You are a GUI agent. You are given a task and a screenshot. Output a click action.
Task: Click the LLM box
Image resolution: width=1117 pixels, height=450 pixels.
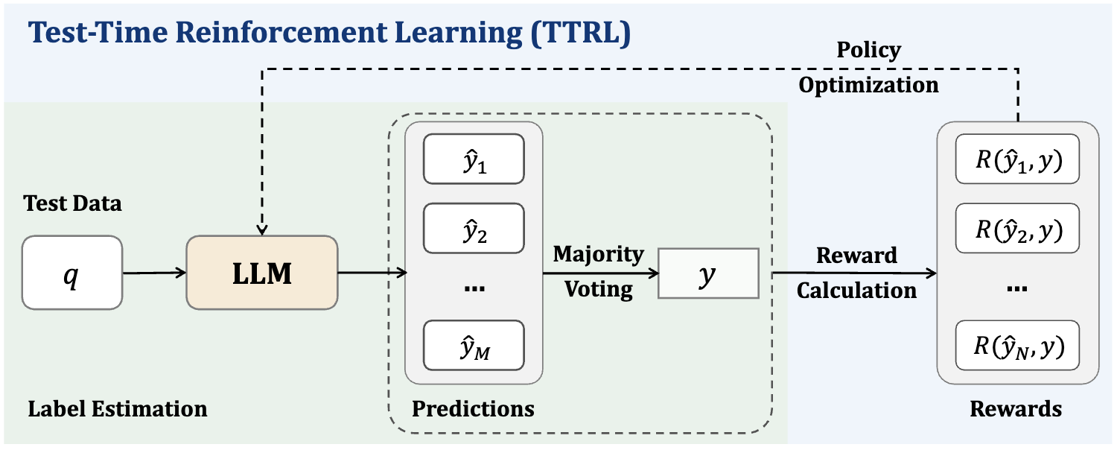[261, 273]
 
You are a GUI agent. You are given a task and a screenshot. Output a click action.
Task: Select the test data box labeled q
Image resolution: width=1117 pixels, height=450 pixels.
[71, 273]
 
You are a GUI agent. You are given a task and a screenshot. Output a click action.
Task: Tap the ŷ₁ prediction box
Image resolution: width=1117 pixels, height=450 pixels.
[474, 159]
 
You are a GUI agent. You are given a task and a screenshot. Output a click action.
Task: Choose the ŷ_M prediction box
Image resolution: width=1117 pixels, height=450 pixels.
[474, 346]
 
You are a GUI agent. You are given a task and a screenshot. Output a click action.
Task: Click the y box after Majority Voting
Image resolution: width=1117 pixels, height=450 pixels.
[707, 273]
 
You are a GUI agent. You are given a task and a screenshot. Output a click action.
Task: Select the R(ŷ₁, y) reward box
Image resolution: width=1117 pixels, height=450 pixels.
[1017, 159]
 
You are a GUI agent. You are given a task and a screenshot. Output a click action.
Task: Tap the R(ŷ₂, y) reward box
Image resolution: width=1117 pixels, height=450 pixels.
[1017, 228]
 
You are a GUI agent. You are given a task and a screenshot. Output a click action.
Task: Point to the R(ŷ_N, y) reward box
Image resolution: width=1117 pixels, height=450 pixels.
[1017, 345]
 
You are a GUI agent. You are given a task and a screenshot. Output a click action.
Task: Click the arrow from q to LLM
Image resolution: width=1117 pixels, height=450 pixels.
[153, 273]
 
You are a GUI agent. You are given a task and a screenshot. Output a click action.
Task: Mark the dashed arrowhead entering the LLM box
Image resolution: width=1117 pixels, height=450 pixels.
[261, 229]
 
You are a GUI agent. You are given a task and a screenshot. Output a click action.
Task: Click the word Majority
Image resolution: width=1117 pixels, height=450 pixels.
[598, 254]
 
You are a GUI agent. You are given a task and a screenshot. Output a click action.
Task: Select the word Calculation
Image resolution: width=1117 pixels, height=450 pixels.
[856, 290]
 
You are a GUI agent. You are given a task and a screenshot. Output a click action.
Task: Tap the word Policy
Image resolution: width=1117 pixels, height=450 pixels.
[868, 50]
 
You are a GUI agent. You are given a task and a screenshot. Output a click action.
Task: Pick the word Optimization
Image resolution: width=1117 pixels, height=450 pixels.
[868, 84]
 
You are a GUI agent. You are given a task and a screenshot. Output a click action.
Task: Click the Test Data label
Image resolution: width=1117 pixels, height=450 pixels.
[72, 203]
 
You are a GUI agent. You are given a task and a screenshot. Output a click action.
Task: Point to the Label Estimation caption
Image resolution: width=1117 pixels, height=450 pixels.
[118, 408]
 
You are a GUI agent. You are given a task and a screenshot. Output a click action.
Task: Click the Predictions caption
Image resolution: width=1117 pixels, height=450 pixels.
[473, 408]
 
